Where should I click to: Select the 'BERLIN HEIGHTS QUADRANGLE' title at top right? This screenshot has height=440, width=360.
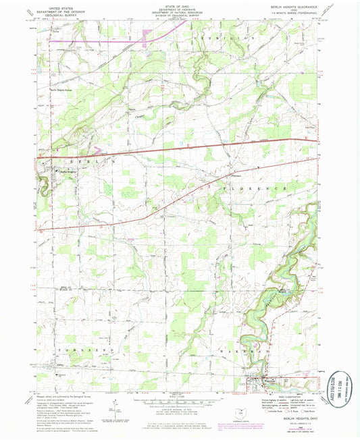click(x=292, y=5)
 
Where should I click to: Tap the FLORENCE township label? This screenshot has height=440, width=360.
click(x=249, y=192)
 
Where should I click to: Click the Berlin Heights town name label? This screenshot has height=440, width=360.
click(x=66, y=171)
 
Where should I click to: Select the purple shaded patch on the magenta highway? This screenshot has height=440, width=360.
click(x=149, y=33)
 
